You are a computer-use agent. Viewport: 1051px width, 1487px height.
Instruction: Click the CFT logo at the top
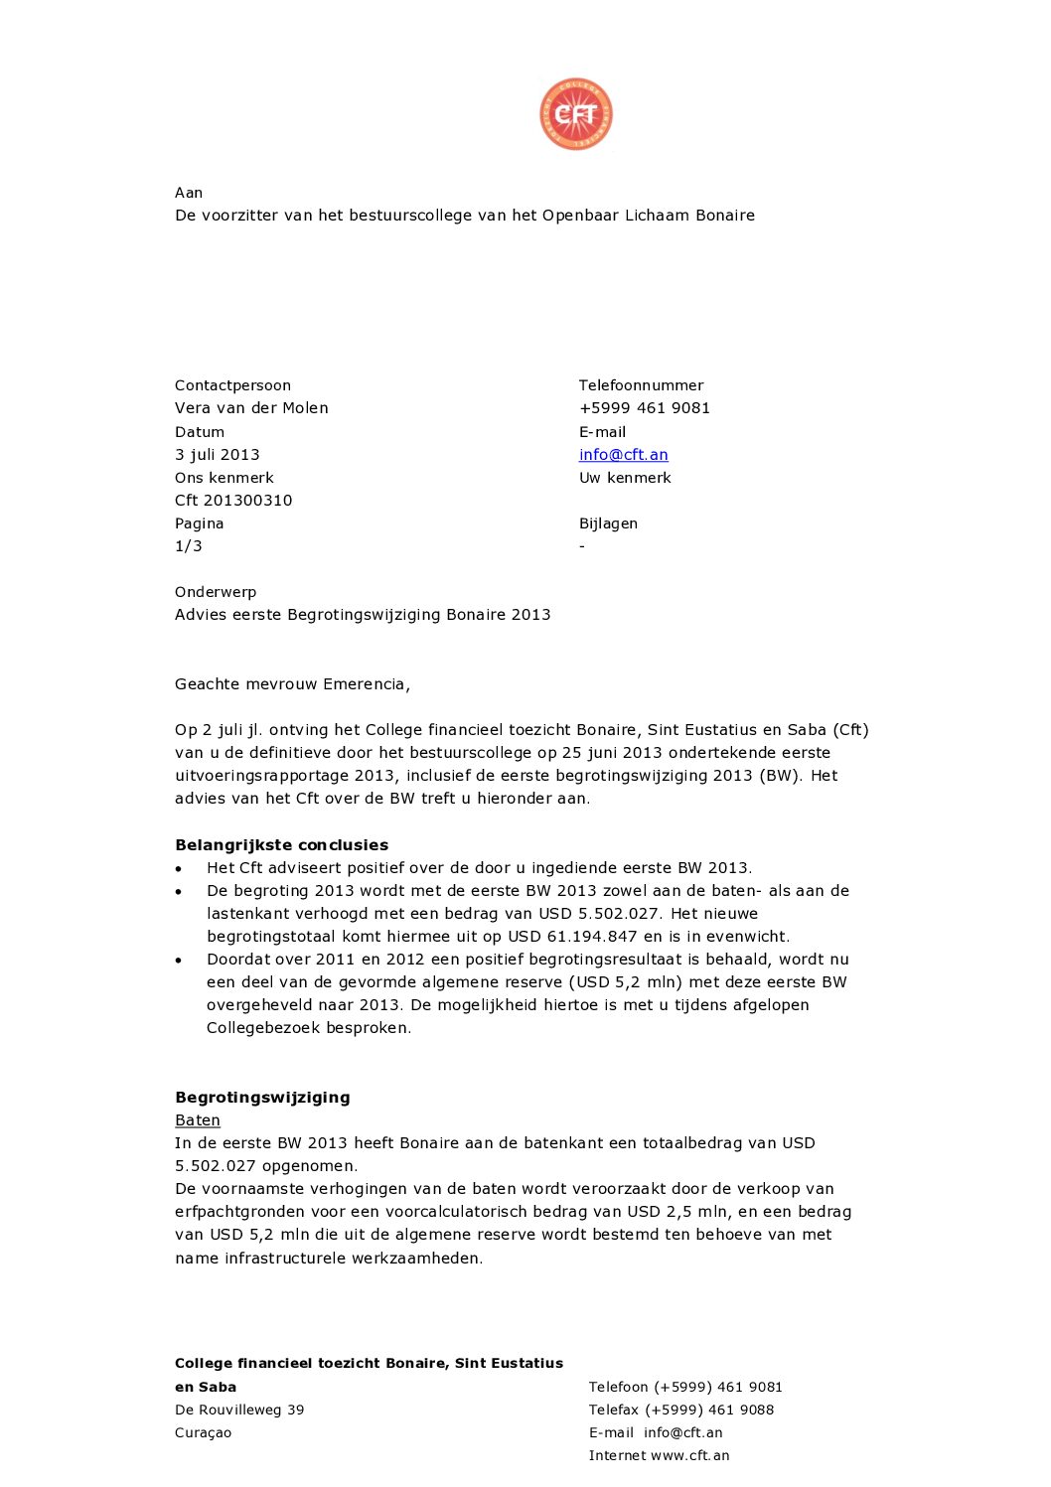(576, 114)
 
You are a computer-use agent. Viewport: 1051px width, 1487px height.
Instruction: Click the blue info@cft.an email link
(623, 455)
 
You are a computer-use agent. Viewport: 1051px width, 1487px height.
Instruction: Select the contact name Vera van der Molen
(251, 408)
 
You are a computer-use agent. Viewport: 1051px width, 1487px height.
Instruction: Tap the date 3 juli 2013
(217, 455)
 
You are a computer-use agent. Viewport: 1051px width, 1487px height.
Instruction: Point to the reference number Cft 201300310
(233, 501)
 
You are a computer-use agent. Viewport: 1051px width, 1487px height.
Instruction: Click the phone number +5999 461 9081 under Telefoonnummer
(644, 408)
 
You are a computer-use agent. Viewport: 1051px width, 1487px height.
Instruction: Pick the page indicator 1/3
(188, 546)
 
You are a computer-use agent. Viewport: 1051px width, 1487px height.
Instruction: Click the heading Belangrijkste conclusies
(281, 845)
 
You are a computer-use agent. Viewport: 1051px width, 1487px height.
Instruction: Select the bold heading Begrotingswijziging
(262, 1098)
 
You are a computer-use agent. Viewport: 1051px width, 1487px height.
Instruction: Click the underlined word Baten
(197, 1120)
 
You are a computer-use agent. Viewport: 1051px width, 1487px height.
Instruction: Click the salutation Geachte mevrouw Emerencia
(292, 684)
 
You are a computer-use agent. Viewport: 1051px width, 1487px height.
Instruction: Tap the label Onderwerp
(215, 592)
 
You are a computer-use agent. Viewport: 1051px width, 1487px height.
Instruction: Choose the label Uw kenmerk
(625, 478)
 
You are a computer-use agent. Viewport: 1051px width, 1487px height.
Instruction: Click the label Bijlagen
(608, 523)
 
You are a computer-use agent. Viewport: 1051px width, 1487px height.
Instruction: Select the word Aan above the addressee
(188, 193)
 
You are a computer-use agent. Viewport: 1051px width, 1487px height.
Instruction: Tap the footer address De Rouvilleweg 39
(239, 1411)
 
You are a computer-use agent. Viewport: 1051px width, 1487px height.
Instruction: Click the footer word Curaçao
(203, 1433)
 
